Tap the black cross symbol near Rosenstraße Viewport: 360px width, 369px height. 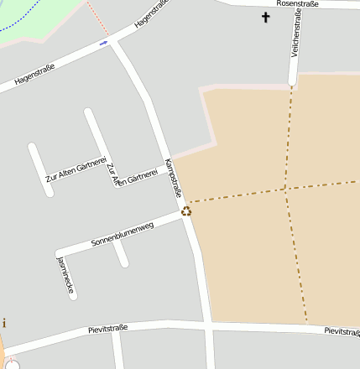[266, 17]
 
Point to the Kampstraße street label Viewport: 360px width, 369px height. [174, 178]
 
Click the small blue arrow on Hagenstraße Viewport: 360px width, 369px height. [103, 43]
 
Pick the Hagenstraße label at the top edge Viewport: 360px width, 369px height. [153, 16]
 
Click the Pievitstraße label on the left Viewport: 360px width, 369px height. [107, 328]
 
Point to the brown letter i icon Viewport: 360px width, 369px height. [3, 322]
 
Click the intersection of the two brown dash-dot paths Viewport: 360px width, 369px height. [284, 190]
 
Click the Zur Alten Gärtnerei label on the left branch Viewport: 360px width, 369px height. [75, 169]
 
